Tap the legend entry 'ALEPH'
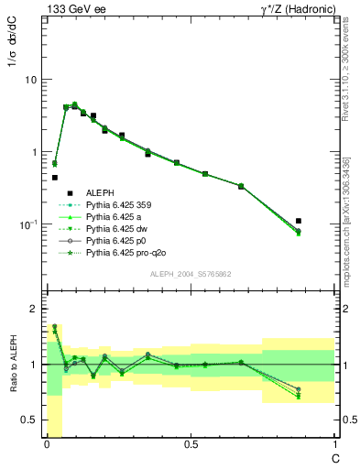[x=100, y=192]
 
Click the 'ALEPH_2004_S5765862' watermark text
[x=189, y=275]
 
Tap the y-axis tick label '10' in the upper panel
[x=30, y=80]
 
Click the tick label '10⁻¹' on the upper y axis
[x=28, y=224]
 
